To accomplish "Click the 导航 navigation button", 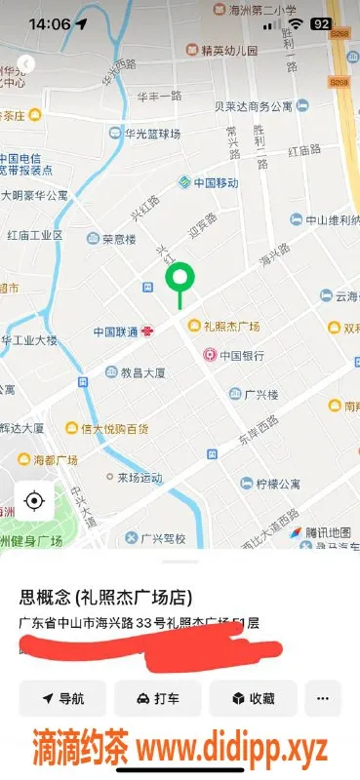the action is pos(62,698).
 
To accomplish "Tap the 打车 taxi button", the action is pos(157,698).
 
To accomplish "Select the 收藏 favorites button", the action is pos(253,698).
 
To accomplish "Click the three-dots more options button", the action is pos(323,698).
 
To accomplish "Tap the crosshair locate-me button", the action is pos(34,501).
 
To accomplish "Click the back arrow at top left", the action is pos(26,63).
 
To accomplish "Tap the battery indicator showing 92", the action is pos(320,23).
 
